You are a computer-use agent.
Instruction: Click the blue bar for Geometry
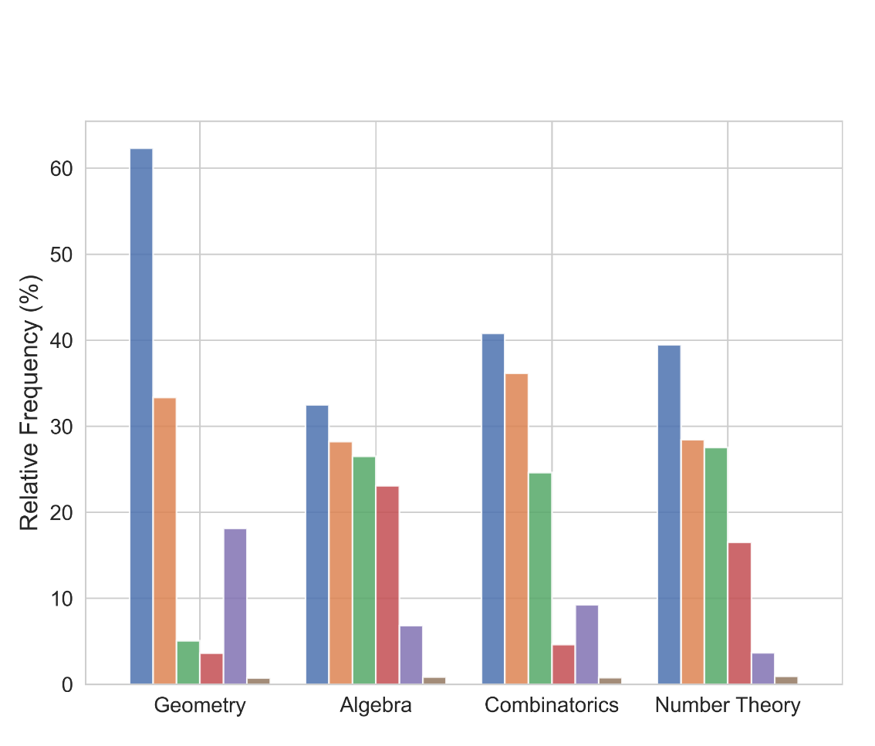click(141, 417)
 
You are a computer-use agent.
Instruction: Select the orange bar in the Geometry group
click(164, 541)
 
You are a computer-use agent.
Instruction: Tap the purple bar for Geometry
click(235, 606)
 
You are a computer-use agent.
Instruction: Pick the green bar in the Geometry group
click(188, 663)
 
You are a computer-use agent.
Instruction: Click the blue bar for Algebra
click(317, 545)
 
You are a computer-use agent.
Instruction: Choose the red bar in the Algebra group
click(387, 585)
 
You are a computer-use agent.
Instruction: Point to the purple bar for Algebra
click(411, 655)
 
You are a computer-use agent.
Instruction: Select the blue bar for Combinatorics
click(493, 509)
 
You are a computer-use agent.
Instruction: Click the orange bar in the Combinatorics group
click(516, 529)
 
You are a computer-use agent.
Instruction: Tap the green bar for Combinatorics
click(540, 579)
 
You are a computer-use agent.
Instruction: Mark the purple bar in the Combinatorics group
click(587, 645)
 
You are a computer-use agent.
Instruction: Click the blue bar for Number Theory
click(669, 515)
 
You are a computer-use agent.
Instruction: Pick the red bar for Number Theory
click(739, 613)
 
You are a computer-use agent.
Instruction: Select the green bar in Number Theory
click(716, 566)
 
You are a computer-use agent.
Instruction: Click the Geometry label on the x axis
click(200, 705)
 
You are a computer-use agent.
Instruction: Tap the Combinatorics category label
click(552, 705)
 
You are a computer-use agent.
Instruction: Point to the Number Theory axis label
click(728, 705)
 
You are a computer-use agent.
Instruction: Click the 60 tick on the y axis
click(62, 169)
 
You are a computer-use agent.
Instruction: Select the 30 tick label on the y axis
click(62, 427)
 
